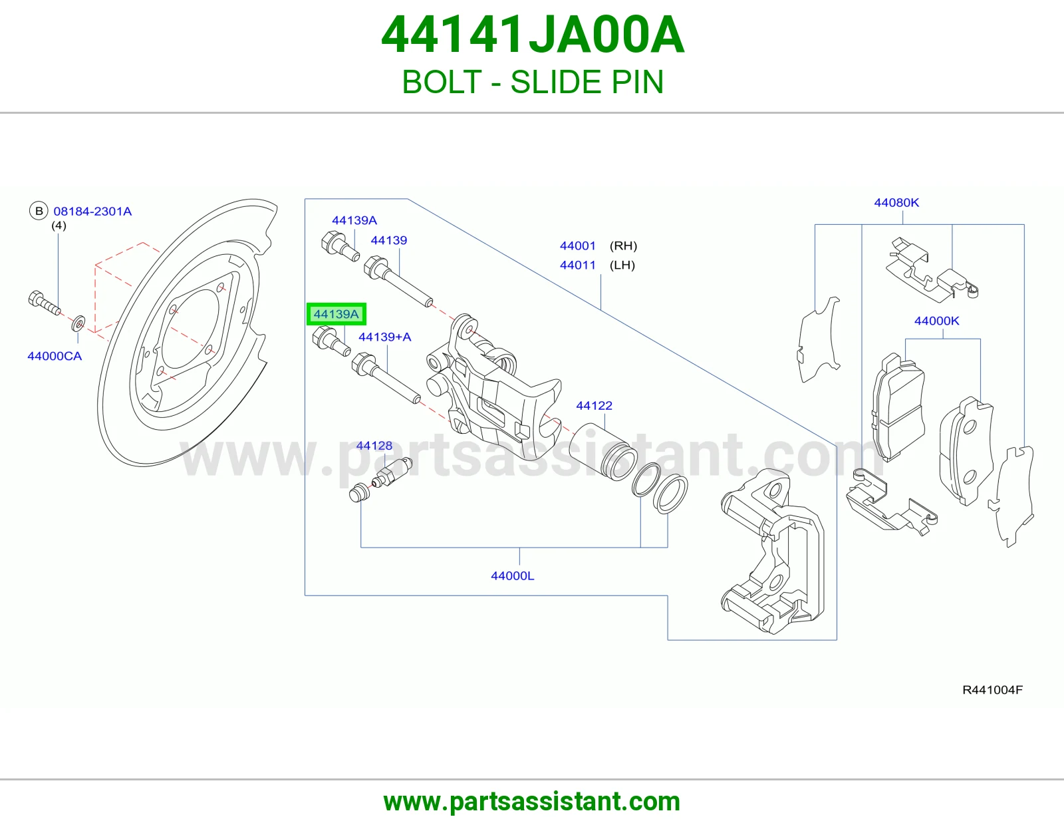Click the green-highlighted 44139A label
336,314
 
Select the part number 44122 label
594,406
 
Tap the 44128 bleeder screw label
374,445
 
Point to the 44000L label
513,576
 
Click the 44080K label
896,202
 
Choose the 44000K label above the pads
937,321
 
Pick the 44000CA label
55,356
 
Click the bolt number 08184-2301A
92,211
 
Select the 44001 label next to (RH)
578,246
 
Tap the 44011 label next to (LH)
578,265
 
